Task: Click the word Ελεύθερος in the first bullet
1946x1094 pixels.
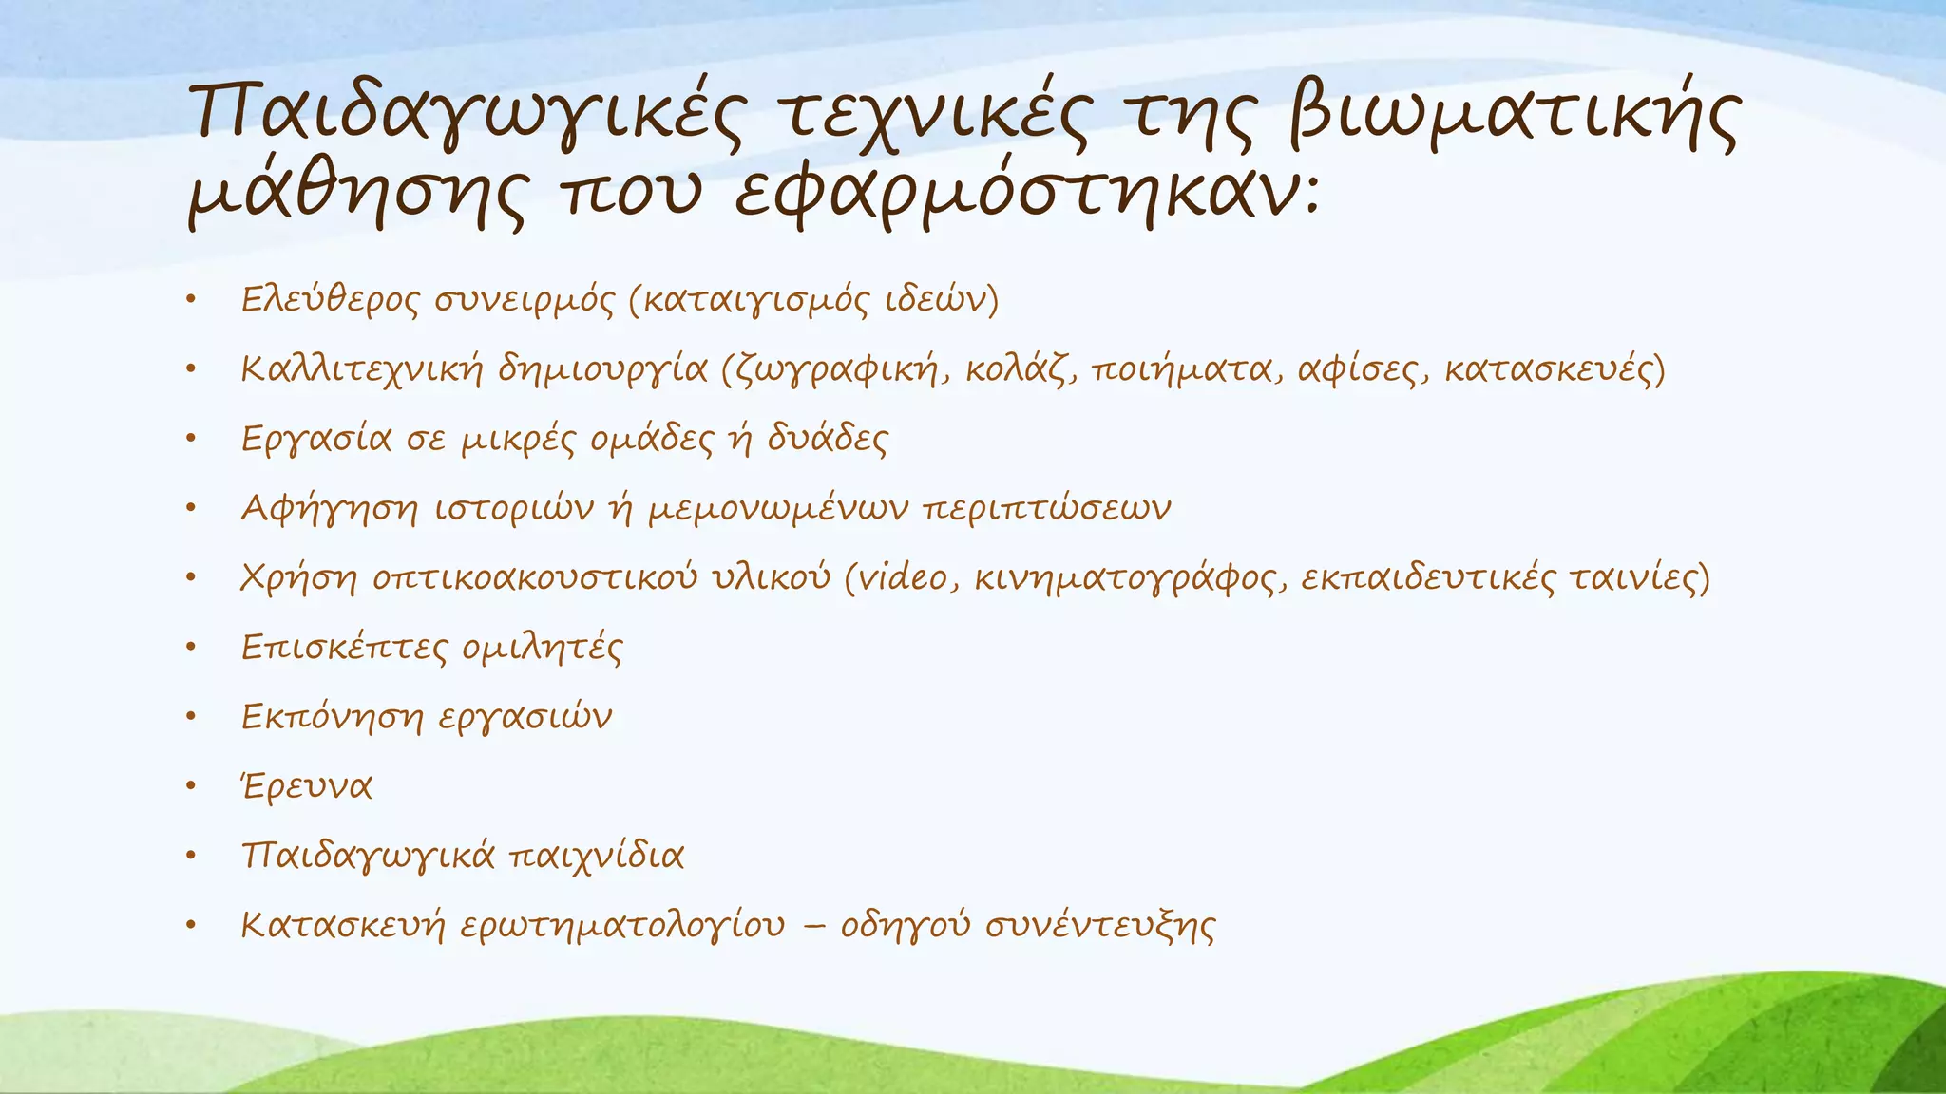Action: [x=328, y=300]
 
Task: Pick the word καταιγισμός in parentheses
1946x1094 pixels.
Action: [x=754, y=300]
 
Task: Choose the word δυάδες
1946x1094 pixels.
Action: [x=827, y=439]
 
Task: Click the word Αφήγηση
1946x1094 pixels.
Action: [x=329, y=508]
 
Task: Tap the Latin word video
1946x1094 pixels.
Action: [x=905, y=577]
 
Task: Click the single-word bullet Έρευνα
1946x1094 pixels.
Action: [x=306, y=786]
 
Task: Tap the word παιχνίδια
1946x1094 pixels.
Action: [x=597, y=856]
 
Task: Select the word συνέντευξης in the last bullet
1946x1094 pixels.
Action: [x=1099, y=925]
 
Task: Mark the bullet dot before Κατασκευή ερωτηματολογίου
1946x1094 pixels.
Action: [x=190, y=925]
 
